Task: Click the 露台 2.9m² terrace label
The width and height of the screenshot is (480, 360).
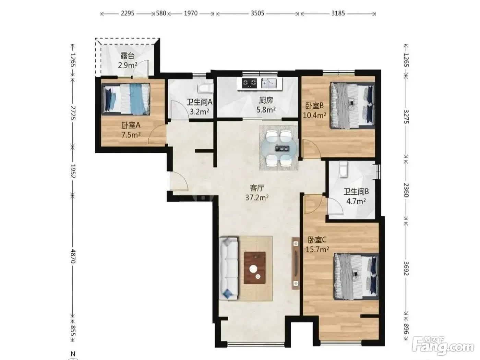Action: [x=128, y=61]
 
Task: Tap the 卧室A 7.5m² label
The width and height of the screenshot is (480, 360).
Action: [x=131, y=130]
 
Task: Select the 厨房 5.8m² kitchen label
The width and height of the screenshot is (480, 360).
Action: [x=266, y=105]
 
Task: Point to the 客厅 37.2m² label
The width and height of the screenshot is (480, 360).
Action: [x=257, y=193]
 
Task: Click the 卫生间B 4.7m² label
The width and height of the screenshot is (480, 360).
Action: [x=356, y=196]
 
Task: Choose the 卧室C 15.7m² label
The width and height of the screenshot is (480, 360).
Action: [x=317, y=244]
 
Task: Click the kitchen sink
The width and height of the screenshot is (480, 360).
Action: [x=269, y=83]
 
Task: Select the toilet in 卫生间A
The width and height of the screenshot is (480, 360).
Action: [x=205, y=89]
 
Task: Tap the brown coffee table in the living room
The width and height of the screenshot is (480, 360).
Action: [x=254, y=268]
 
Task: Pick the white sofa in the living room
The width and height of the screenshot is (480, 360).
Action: [x=228, y=268]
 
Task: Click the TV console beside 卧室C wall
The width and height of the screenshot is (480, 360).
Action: [x=296, y=263]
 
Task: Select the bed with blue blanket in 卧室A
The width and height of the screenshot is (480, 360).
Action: [x=126, y=99]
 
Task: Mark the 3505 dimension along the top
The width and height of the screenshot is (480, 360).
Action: [x=257, y=13]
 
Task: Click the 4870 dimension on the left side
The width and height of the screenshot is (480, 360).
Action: [x=73, y=256]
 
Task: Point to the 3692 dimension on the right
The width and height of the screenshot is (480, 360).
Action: [x=406, y=268]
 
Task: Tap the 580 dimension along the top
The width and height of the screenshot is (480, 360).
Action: [x=161, y=13]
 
